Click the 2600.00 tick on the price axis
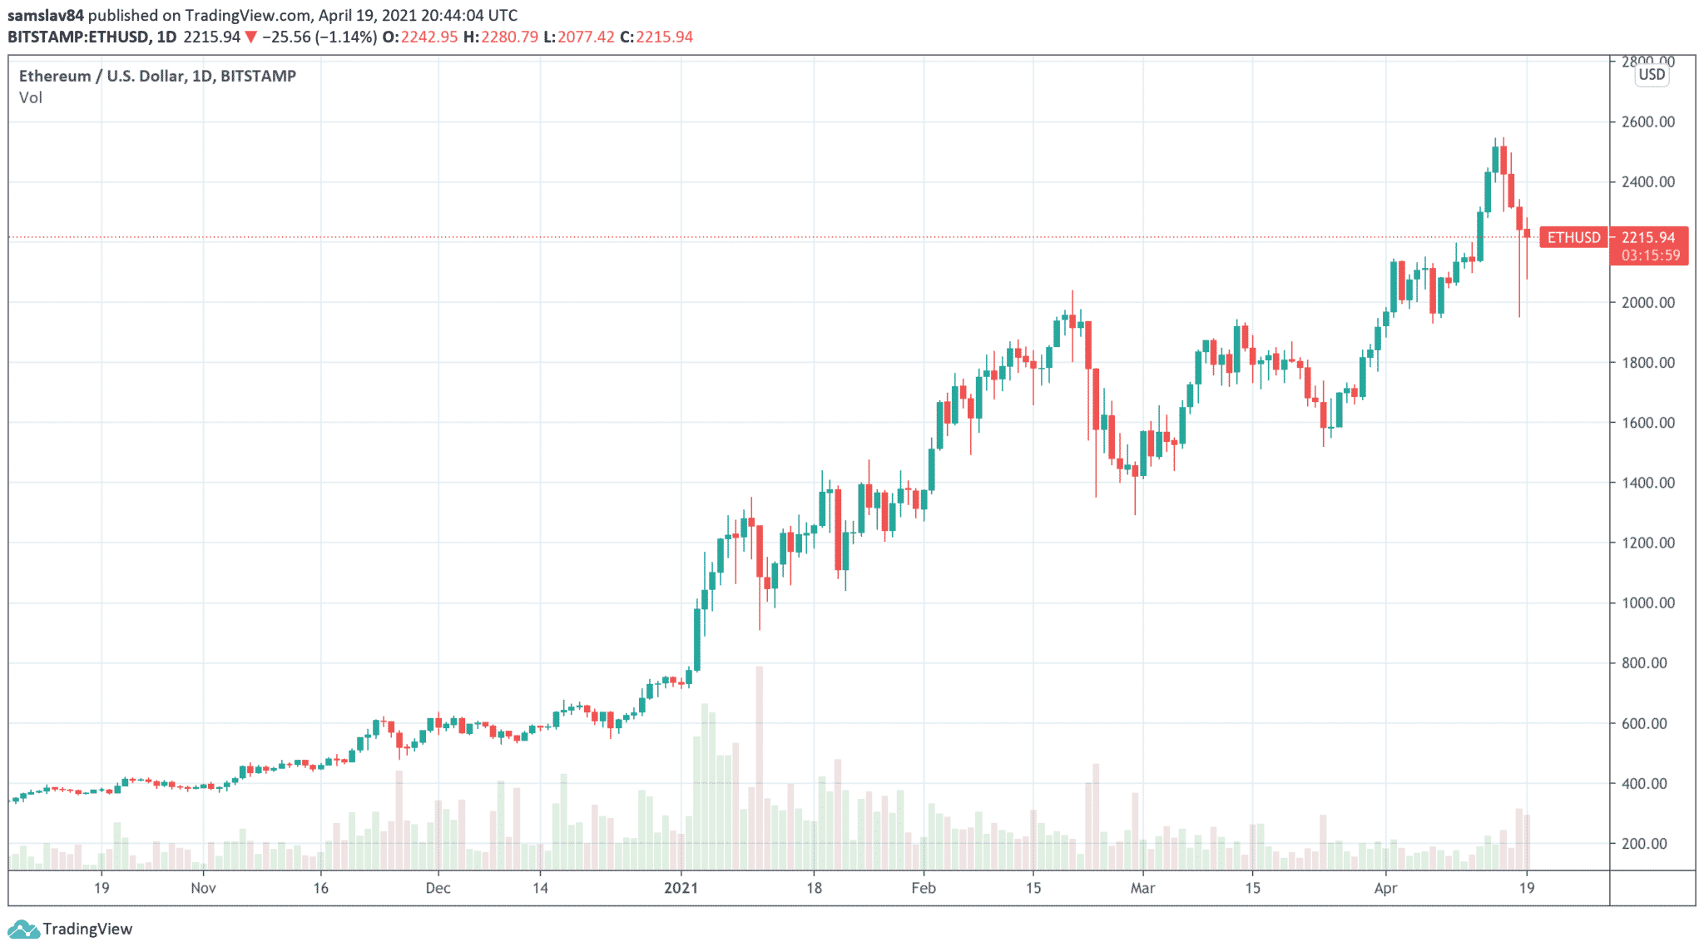coord(1647,121)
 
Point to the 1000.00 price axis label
coord(1647,602)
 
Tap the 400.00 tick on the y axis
coord(1647,783)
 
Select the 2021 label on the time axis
coord(681,888)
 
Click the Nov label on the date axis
coord(203,888)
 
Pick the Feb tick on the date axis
coord(924,888)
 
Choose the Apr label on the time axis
coord(1385,888)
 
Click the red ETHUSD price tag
coord(1573,238)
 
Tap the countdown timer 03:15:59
coord(1651,255)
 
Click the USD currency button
coord(1652,75)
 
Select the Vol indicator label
coord(31,97)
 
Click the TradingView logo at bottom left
coord(71,929)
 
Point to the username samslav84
coord(46,15)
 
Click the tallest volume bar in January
coord(759,766)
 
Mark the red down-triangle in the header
coord(250,37)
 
